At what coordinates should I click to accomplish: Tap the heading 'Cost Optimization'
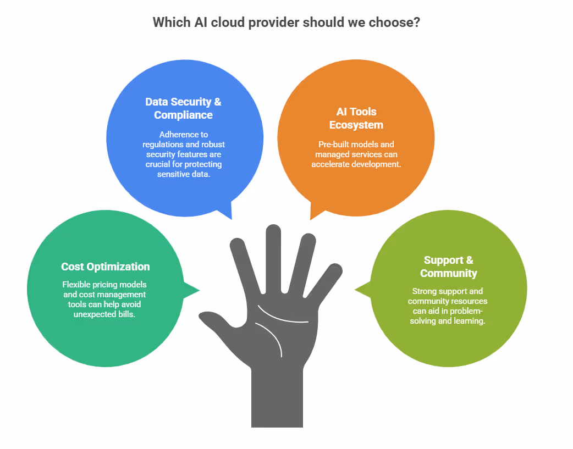coord(105,267)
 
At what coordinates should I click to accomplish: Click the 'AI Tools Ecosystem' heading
coord(356,118)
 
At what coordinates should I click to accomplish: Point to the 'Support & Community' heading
coord(448,267)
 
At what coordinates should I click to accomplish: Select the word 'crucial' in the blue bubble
coord(159,164)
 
